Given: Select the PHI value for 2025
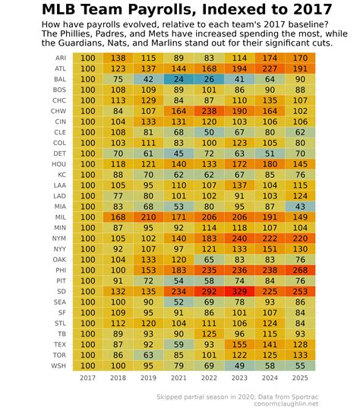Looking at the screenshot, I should point(301,269).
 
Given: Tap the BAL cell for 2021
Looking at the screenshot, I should point(179,78).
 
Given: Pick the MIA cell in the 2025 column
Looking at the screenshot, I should point(301,206).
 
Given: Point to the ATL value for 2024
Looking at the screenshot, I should point(270,68).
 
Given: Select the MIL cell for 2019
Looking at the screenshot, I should point(148,216).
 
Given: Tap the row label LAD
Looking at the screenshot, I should point(60,195).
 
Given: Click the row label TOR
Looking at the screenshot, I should point(60,354).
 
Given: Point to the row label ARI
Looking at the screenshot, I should point(60,58).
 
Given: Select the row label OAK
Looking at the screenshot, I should point(60,258).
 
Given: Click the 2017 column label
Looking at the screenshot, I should point(87,378).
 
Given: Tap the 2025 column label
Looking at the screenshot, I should point(301,378).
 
